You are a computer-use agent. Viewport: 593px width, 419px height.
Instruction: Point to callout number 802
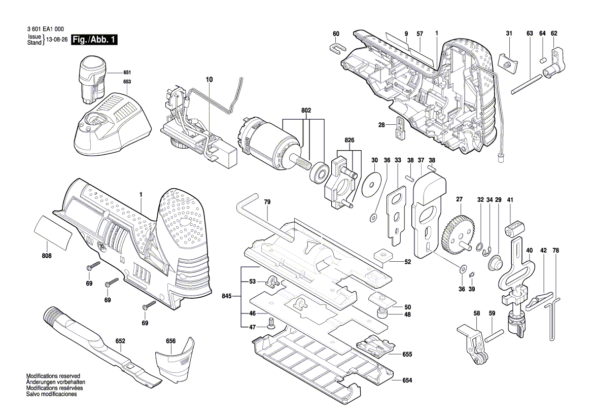tap(306, 110)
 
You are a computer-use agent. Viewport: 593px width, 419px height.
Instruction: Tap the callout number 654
tap(407, 380)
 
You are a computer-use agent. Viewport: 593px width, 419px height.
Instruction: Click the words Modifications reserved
tap(53, 376)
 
